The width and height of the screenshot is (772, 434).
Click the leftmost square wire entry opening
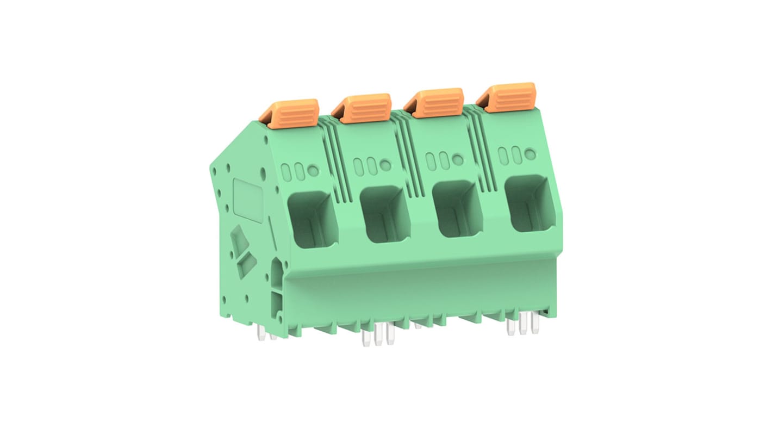point(312,219)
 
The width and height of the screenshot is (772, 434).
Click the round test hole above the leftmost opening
point(313,170)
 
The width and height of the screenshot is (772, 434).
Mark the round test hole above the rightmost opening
point(530,154)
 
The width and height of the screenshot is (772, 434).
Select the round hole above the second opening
point(385,165)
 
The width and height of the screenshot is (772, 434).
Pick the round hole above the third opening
point(458,160)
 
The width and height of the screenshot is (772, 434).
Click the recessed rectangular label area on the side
point(248,200)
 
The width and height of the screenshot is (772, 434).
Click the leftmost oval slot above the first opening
point(287,172)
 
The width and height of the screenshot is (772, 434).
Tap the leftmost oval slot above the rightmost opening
point(503,156)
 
